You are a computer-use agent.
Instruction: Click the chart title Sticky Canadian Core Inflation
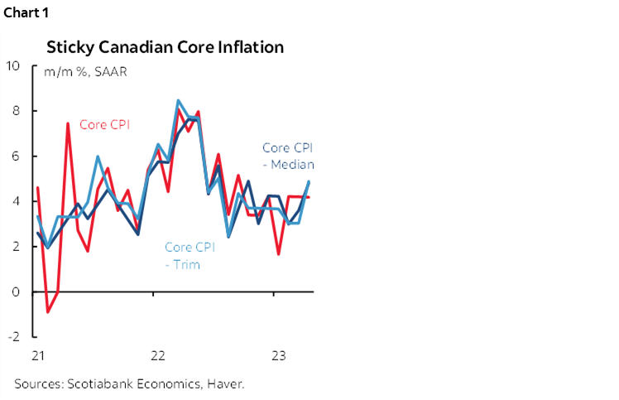[x=166, y=46]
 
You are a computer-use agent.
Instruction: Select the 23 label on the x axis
[x=279, y=356]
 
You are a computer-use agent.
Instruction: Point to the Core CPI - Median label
[x=288, y=156]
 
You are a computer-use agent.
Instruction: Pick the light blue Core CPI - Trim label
[x=190, y=256]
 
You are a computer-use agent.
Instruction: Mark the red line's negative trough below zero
[x=48, y=312]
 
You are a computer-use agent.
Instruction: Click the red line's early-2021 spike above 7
[x=68, y=123]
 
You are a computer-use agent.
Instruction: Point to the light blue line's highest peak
[x=178, y=100]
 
